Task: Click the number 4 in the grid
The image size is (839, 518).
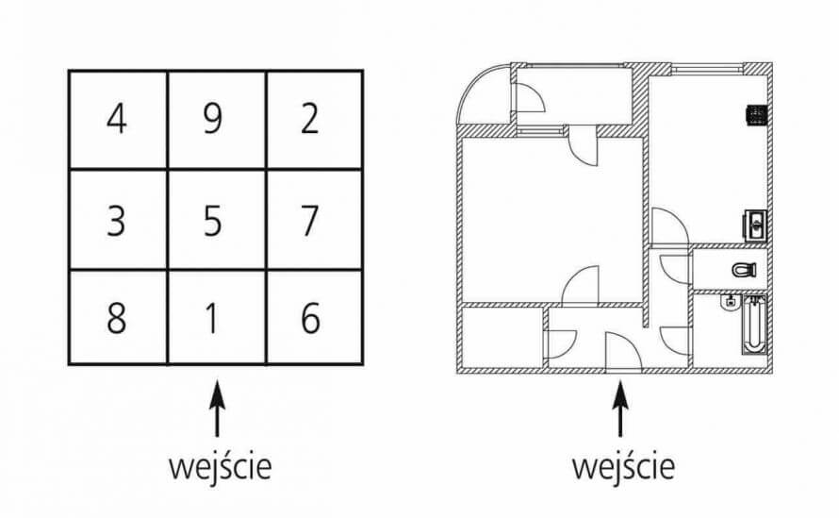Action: pyautogui.click(x=117, y=118)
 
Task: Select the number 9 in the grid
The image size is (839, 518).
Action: pyautogui.click(x=212, y=118)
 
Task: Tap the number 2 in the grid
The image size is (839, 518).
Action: pyautogui.click(x=310, y=118)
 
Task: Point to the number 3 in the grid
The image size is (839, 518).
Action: pyautogui.click(x=116, y=220)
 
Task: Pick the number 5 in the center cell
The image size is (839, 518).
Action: pyautogui.click(x=212, y=220)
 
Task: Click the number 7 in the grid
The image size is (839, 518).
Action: pyautogui.click(x=310, y=220)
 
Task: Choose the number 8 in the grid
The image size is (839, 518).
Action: pyautogui.click(x=117, y=318)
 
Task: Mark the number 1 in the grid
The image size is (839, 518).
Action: pyautogui.click(x=212, y=318)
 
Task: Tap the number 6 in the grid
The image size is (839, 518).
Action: pyautogui.click(x=310, y=318)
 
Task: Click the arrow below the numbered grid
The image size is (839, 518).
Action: pyautogui.click(x=216, y=409)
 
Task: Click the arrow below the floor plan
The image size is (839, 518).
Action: pyautogui.click(x=620, y=409)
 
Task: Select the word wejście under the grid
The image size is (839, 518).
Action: pyautogui.click(x=220, y=467)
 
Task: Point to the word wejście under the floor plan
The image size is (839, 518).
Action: pyautogui.click(x=623, y=467)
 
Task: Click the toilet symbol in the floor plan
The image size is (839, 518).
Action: pyautogui.click(x=744, y=269)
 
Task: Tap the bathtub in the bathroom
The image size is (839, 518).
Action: pyautogui.click(x=753, y=324)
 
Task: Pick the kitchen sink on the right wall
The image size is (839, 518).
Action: pyautogui.click(x=755, y=225)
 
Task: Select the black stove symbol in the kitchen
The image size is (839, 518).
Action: pyautogui.click(x=757, y=114)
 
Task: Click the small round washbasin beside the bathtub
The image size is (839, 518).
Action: pyautogui.click(x=729, y=302)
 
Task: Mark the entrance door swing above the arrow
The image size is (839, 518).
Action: pyautogui.click(x=623, y=351)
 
